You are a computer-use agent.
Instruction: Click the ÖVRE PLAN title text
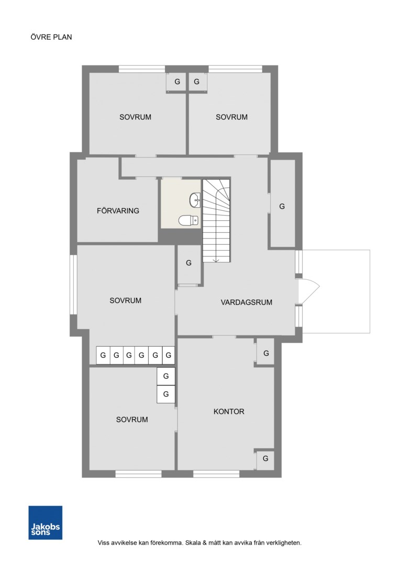[x=51, y=37]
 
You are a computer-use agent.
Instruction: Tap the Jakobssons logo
[x=46, y=523]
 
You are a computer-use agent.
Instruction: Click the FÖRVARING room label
[x=118, y=211]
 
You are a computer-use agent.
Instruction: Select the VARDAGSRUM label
[x=247, y=302]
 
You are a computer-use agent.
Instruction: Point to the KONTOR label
[x=229, y=412]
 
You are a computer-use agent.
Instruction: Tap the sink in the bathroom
[x=195, y=200]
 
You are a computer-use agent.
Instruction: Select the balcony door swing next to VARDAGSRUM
[x=309, y=291]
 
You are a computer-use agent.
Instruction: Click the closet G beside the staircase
[x=188, y=263]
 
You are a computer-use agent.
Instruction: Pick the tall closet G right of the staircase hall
[x=282, y=207]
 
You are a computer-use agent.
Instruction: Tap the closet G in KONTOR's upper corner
[x=266, y=353]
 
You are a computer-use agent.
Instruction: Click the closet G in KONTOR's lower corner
[x=265, y=459]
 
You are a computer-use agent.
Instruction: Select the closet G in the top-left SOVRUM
[x=176, y=82]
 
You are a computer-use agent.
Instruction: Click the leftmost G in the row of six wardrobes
[x=103, y=355]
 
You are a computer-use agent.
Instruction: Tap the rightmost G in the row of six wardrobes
[x=169, y=355]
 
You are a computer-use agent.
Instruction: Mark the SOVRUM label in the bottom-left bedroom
[x=132, y=420]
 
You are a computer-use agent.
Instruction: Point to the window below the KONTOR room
[x=216, y=474]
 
